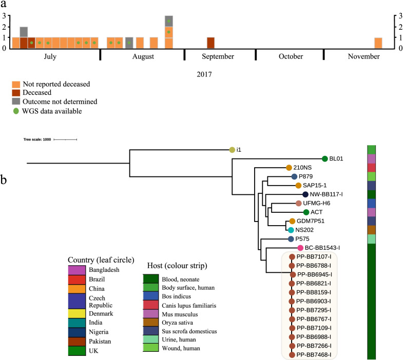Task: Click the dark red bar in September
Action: [x=210, y=43]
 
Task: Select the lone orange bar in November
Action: [x=378, y=43]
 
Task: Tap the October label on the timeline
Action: [x=291, y=56]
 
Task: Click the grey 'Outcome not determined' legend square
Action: [x=17, y=102]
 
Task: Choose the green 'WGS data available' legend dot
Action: [x=17, y=110]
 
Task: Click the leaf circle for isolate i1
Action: [x=232, y=150]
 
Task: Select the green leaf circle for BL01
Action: [x=324, y=159]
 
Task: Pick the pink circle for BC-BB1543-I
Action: [x=301, y=248]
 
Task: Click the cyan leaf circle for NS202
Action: [x=291, y=230]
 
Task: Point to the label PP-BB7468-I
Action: [x=314, y=354]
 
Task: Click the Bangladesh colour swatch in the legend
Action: [x=79, y=269]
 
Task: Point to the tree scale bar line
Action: [x=65, y=139]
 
